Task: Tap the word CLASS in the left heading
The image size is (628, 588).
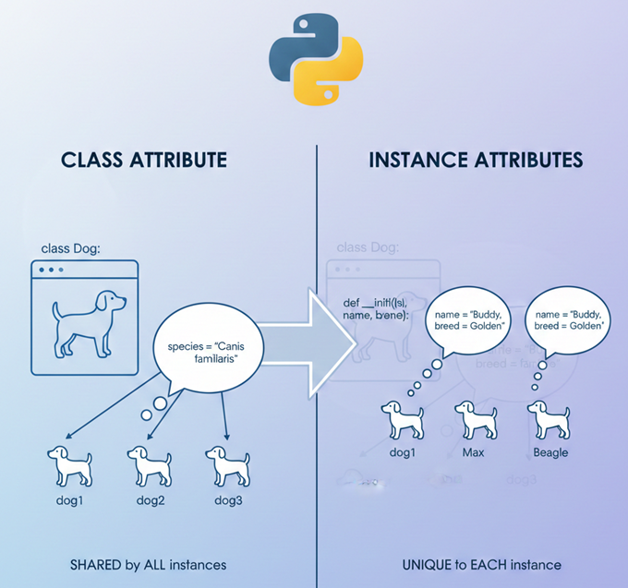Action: click(x=92, y=160)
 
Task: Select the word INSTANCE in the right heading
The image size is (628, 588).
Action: click(x=423, y=160)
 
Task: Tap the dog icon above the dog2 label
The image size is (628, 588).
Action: click(x=149, y=465)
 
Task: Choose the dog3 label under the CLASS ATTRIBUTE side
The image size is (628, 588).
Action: click(x=228, y=500)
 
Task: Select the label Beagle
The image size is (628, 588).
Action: click(x=551, y=452)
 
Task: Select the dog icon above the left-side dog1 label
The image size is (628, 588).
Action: click(x=70, y=465)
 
